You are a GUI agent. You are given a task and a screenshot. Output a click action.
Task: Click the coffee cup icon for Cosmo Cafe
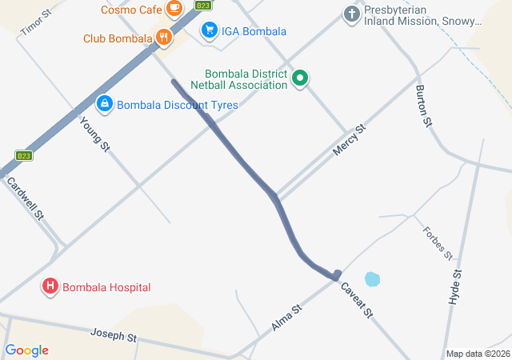[x=174, y=9]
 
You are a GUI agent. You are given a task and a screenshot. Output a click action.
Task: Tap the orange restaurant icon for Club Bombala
[x=164, y=38]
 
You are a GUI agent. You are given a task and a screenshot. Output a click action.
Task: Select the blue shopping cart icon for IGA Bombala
[x=209, y=31]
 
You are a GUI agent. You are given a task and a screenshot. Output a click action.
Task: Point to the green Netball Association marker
[x=300, y=78]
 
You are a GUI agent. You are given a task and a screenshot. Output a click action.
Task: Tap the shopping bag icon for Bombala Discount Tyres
[x=105, y=104]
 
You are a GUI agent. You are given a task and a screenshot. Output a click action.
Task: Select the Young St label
[x=94, y=134]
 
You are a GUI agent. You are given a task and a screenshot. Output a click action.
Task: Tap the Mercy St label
[x=349, y=139]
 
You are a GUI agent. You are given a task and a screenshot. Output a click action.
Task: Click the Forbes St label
[x=438, y=238]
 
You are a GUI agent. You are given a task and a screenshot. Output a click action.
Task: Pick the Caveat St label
[x=356, y=301]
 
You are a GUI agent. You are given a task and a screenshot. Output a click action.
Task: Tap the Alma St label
[x=286, y=317]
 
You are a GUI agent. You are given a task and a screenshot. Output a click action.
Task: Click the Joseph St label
[x=114, y=334]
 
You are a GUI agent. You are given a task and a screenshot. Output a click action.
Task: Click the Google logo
[x=26, y=350]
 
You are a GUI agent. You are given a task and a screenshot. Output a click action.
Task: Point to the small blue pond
[x=372, y=279]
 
